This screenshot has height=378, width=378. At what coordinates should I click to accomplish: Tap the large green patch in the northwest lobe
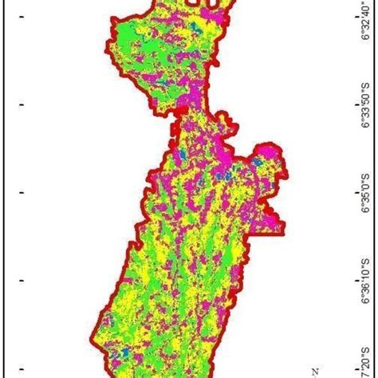pos(136,36)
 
